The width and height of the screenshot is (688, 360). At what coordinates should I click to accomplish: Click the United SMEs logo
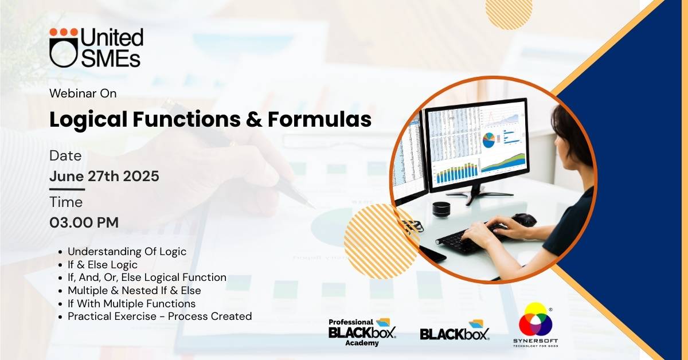pyautogui.click(x=96, y=48)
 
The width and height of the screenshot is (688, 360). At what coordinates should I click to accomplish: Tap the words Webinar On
pyautogui.click(x=83, y=93)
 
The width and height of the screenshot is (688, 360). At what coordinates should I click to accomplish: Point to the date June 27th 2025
pyautogui.click(x=104, y=177)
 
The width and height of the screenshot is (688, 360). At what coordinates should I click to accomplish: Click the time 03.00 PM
pyautogui.click(x=84, y=222)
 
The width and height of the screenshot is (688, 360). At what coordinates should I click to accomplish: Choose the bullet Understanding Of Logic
pyautogui.click(x=127, y=252)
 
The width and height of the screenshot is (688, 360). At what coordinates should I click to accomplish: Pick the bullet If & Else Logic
pyautogui.click(x=103, y=264)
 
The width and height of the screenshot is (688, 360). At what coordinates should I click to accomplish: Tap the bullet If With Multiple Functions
pyautogui.click(x=131, y=303)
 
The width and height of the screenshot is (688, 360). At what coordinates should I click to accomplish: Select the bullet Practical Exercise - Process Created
pyautogui.click(x=160, y=316)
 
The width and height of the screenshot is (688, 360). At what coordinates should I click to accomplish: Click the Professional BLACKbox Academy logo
pyautogui.click(x=362, y=332)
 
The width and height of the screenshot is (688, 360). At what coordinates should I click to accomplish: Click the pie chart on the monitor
pyautogui.click(x=488, y=140)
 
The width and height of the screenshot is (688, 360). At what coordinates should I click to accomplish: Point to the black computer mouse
pyautogui.click(x=524, y=220)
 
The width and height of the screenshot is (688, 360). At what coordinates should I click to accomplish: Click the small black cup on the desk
pyautogui.click(x=441, y=210)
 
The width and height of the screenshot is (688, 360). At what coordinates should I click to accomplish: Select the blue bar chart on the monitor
pyautogui.click(x=457, y=174)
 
